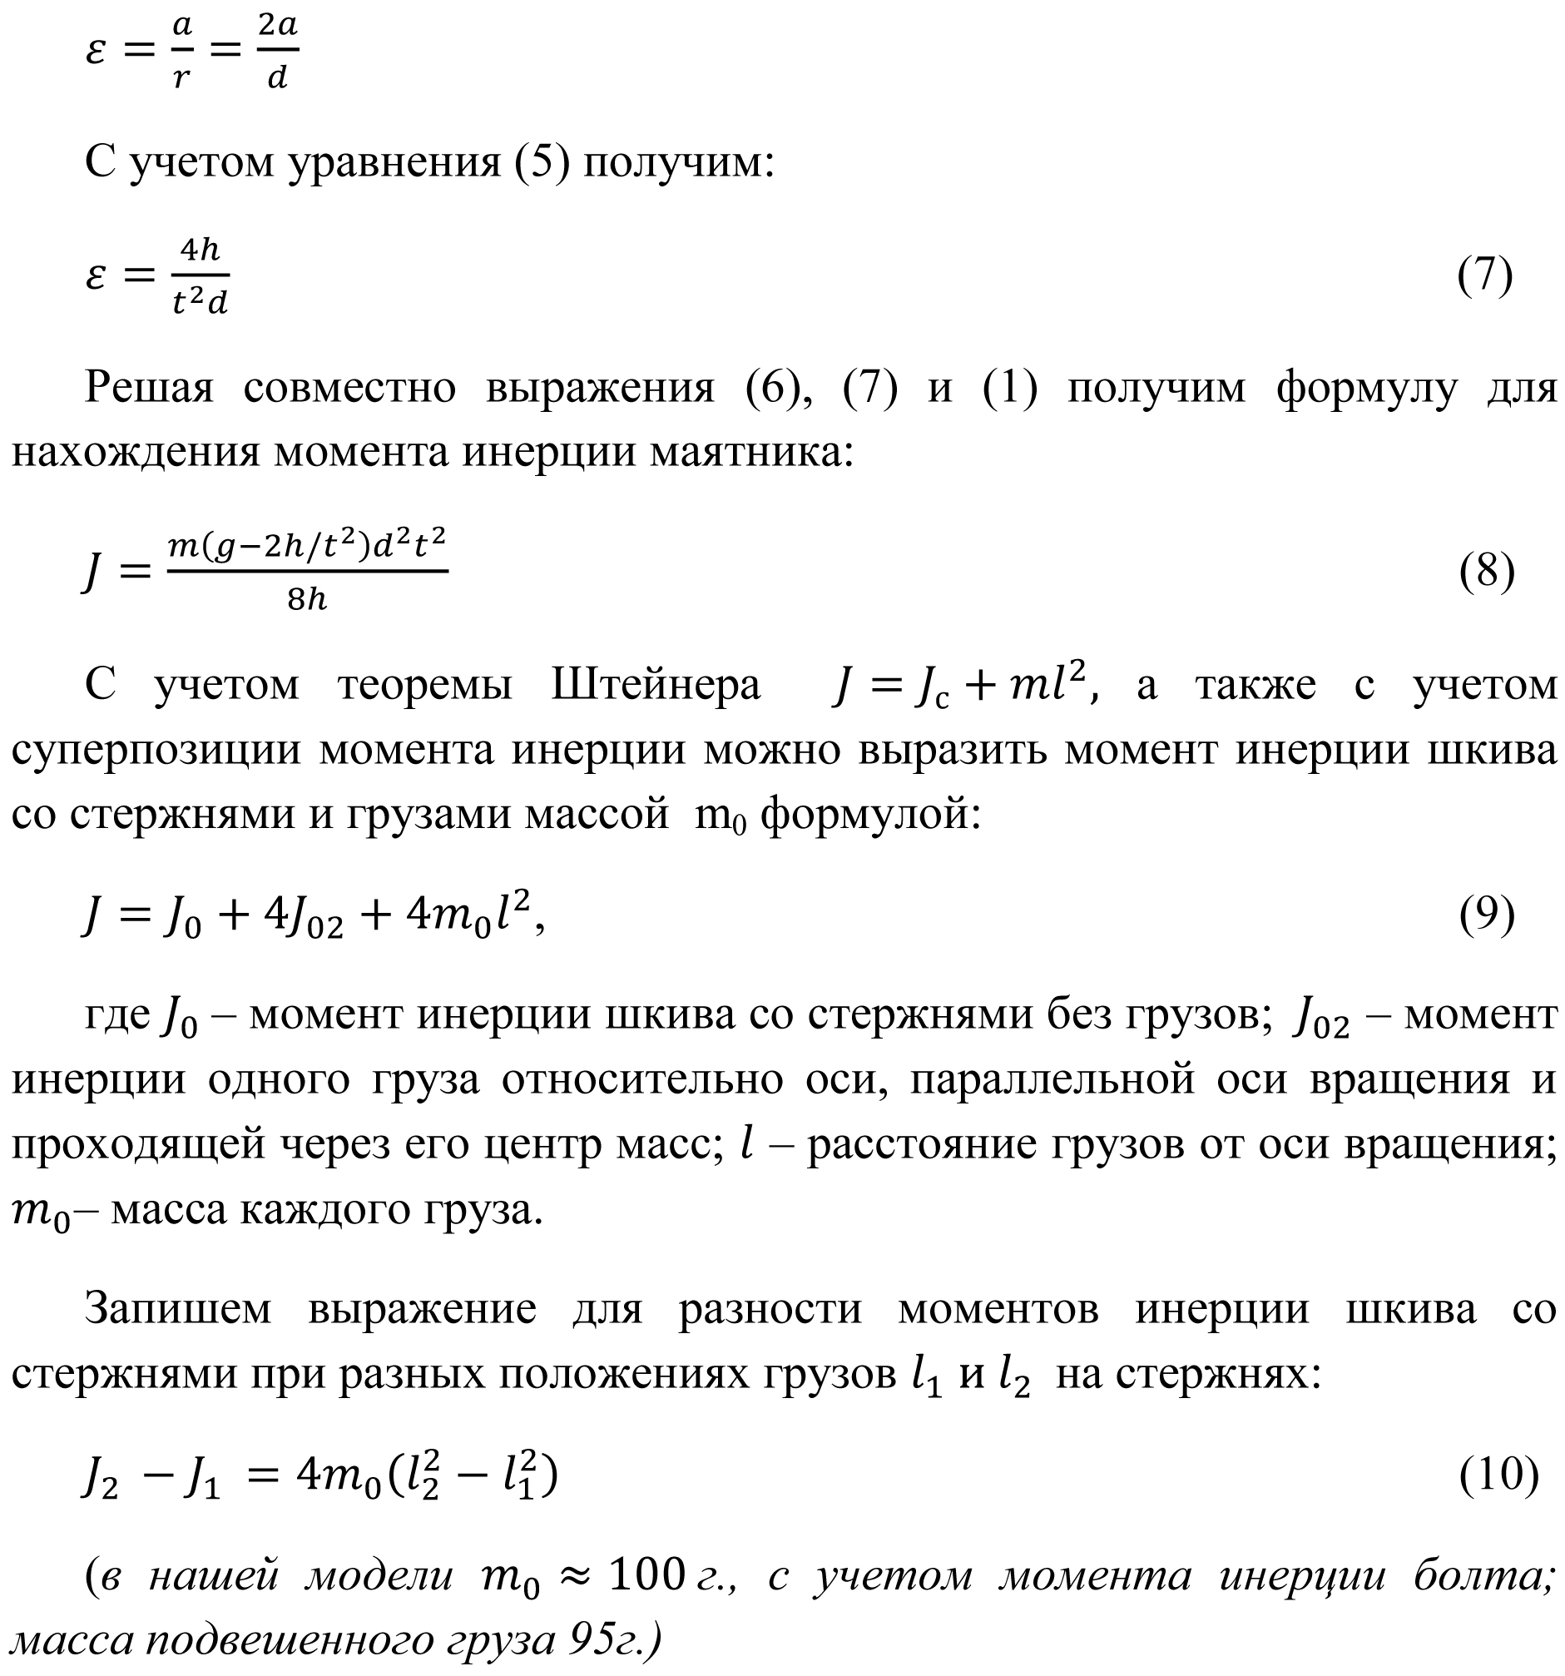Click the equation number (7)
(x=1485, y=275)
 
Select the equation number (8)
(x=1487, y=572)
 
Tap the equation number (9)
(x=1487, y=915)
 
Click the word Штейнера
(x=656, y=684)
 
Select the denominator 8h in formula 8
(x=307, y=599)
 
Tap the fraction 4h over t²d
(x=200, y=275)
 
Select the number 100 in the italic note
(x=646, y=1574)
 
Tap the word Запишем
(x=178, y=1309)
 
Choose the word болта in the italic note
(x=1479, y=1574)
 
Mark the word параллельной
(x=1052, y=1079)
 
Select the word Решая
(x=149, y=388)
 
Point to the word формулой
(x=870, y=815)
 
